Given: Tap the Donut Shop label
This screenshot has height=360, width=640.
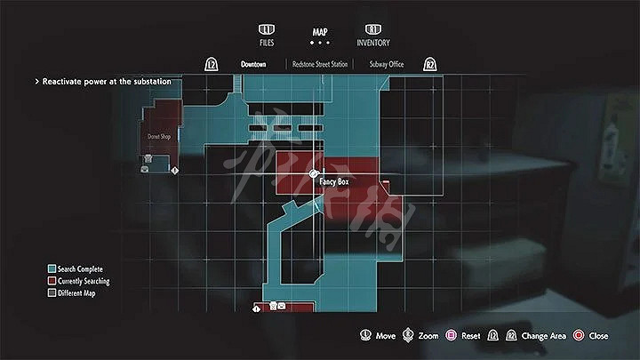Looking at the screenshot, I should (x=159, y=137).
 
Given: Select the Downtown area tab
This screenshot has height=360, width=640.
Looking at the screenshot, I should (x=254, y=64).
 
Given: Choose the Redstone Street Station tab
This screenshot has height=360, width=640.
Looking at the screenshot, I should (x=320, y=64).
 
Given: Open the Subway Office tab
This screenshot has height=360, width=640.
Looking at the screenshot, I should (x=388, y=64).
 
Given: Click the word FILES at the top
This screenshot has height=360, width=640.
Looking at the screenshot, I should (x=267, y=43).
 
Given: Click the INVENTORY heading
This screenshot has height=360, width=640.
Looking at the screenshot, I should (x=373, y=43).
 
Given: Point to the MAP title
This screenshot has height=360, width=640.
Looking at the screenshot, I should (x=320, y=32).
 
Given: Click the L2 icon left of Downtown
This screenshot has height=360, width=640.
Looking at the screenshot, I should (x=212, y=65).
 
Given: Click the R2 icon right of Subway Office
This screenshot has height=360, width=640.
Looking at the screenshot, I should (x=430, y=65).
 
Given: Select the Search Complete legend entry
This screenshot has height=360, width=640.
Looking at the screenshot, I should (x=81, y=268).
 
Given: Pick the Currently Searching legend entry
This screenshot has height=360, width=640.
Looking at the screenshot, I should (x=84, y=281).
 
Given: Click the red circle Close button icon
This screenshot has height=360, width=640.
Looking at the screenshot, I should (x=579, y=336).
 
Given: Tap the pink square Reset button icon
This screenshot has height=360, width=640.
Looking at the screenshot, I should (x=452, y=336).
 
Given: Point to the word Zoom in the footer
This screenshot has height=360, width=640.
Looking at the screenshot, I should (x=428, y=336).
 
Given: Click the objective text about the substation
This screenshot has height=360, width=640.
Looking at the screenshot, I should (x=107, y=82).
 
